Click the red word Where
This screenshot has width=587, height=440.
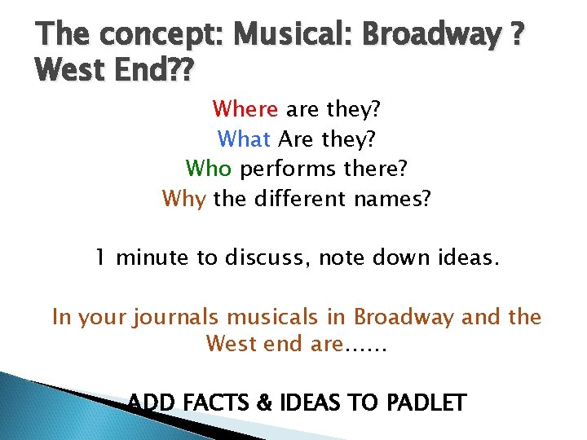(x=245, y=108)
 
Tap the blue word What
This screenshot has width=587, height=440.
(x=245, y=139)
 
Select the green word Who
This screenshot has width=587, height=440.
(x=209, y=169)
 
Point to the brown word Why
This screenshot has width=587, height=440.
(x=184, y=199)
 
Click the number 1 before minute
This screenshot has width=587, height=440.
(x=100, y=258)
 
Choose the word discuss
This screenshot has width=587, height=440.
(x=267, y=258)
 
